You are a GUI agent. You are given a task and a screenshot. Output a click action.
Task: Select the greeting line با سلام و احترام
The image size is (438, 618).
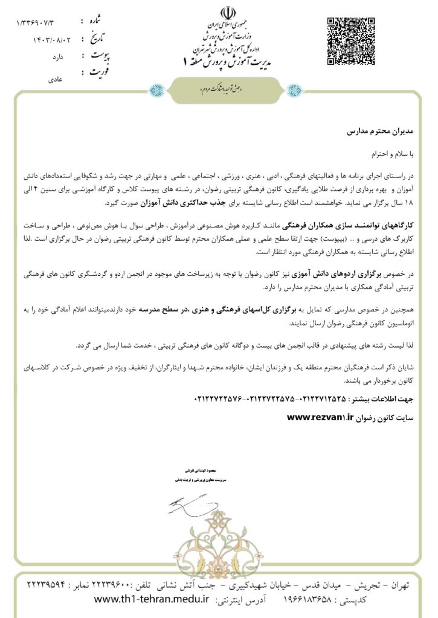click(x=390, y=153)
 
